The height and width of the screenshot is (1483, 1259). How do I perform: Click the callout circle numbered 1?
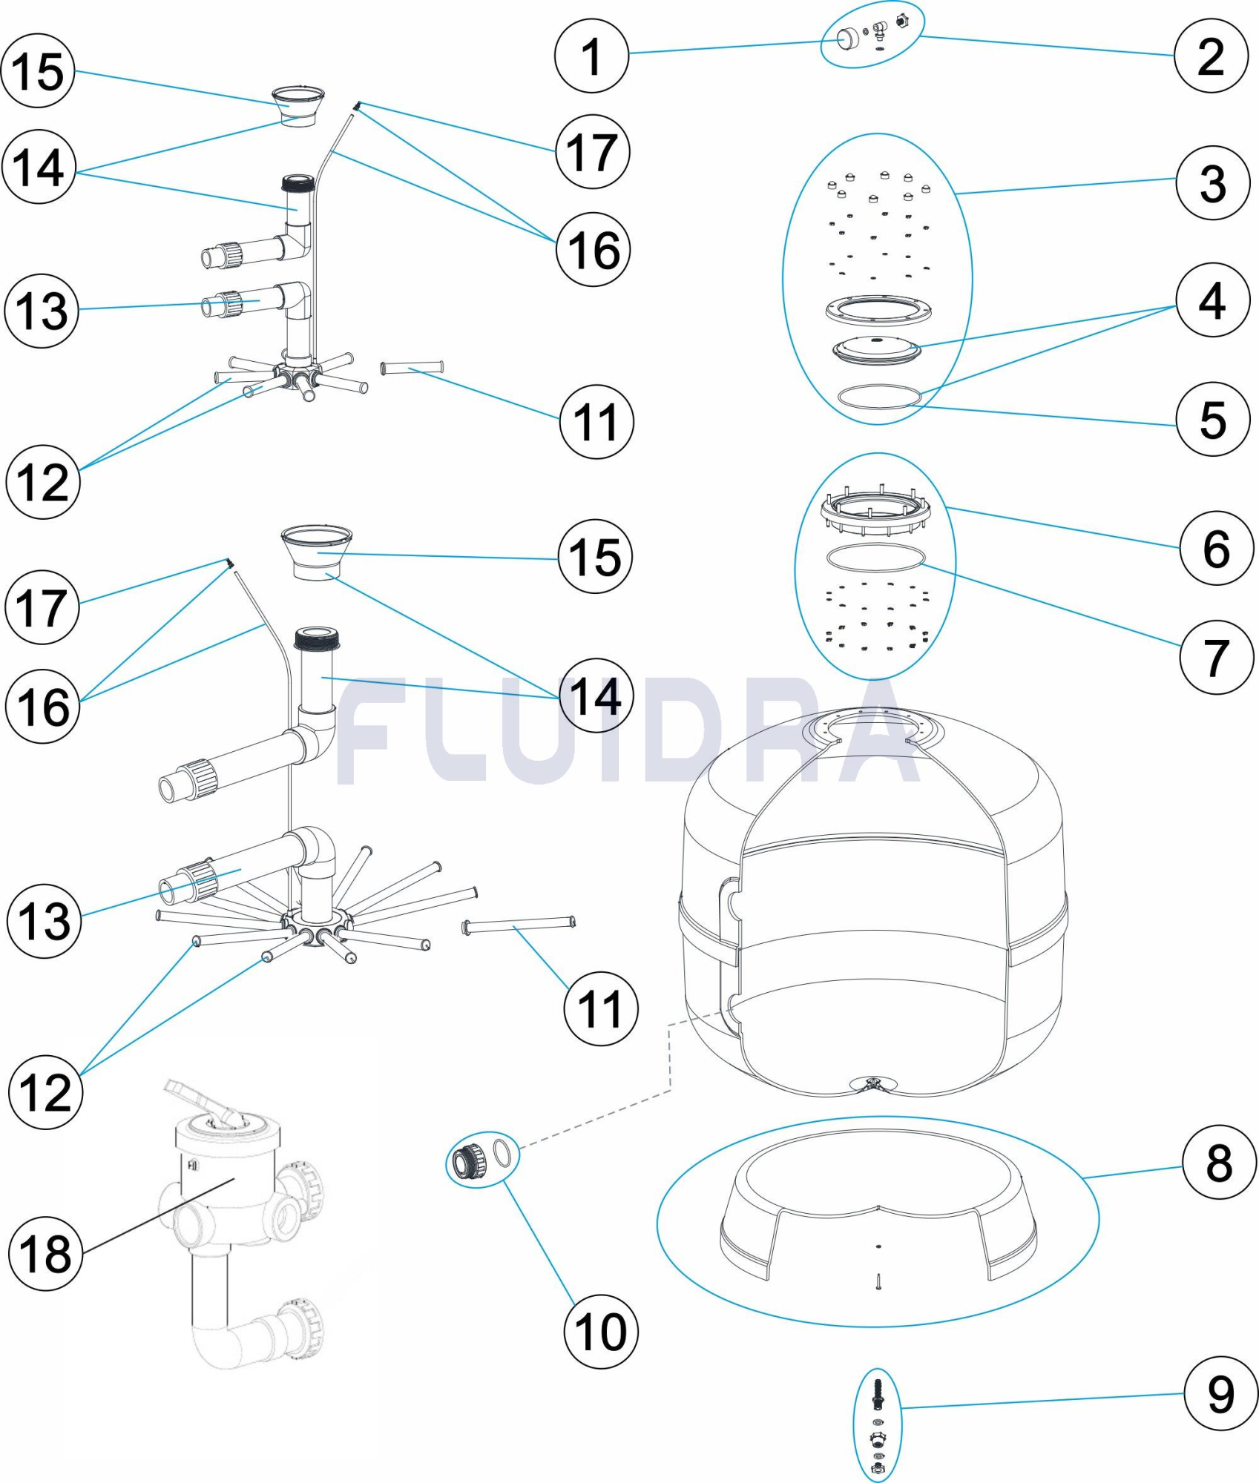(591, 56)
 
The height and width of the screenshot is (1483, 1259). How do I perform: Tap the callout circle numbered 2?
(1211, 56)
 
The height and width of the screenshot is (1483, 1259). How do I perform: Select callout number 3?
(1212, 182)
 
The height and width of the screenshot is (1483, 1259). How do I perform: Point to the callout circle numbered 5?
(1213, 418)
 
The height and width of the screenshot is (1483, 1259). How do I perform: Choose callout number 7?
(1216, 657)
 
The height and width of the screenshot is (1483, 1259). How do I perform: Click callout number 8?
(1219, 1163)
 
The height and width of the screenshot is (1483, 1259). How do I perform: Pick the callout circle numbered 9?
(1220, 1393)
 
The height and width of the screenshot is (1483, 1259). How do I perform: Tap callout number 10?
(601, 1331)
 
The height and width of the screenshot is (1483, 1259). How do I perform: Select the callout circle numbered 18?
(45, 1254)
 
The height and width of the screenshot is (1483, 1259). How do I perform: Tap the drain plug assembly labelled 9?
(878, 1425)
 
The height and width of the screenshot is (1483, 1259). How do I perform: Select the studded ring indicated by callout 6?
(875, 512)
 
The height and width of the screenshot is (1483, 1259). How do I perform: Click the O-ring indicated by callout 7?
(875, 558)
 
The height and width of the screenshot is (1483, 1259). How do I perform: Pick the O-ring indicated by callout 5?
(878, 397)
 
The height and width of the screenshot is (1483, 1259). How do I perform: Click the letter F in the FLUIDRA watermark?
(364, 730)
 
